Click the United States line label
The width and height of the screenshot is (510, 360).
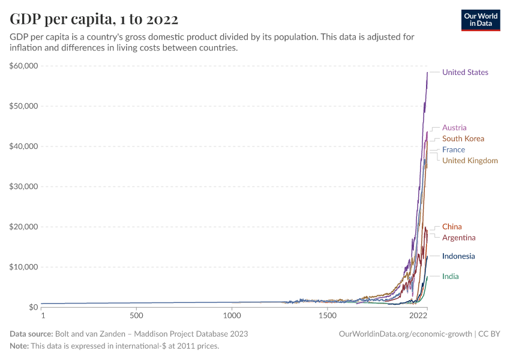click(465, 73)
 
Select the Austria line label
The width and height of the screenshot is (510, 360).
click(454, 128)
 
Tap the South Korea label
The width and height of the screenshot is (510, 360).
click(463, 139)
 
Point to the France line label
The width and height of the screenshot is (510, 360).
click(454, 149)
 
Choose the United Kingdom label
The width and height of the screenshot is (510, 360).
click(470, 161)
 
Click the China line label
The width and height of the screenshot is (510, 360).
click(452, 227)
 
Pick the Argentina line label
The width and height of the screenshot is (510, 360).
click(459, 238)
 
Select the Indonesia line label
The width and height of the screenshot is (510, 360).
click(458, 256)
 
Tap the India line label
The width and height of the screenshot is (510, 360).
click(451, 277)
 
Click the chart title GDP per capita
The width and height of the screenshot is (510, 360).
click(94, 19)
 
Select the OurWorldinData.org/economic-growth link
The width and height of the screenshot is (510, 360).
click(406, 334)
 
